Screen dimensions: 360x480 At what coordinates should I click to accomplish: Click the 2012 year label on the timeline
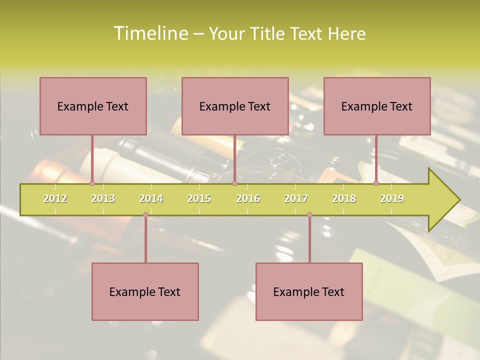[55, 198]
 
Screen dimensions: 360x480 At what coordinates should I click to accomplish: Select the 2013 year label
[103, 198]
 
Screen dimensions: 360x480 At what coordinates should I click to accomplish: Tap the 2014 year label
[151, 198]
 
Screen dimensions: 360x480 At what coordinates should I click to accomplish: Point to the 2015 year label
[199, 198]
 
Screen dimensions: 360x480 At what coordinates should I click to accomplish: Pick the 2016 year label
[248, 198]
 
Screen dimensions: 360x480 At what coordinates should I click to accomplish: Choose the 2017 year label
[296, 198]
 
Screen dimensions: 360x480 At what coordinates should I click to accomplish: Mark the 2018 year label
[344, 198]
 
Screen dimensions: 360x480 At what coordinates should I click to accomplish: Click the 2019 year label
[392, 198]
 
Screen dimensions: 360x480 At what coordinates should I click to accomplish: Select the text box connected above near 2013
[93, 106]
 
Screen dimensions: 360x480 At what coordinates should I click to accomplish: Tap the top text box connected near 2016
[235, 106]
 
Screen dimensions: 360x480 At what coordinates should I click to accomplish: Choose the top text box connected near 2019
[377, 106]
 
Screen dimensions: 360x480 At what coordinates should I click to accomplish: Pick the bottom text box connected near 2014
[145, 291]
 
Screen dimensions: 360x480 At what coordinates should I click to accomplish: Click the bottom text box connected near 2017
[309, 291]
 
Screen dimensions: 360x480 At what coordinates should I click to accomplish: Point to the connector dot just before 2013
[92, 183]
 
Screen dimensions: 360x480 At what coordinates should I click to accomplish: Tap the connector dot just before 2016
[234, 183]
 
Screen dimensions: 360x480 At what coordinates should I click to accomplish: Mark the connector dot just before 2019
[376, 183]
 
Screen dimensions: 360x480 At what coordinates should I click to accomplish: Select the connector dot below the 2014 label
[145, 215]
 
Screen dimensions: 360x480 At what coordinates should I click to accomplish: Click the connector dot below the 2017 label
[309, 215]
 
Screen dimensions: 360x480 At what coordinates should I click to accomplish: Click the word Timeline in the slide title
[150, 33]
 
